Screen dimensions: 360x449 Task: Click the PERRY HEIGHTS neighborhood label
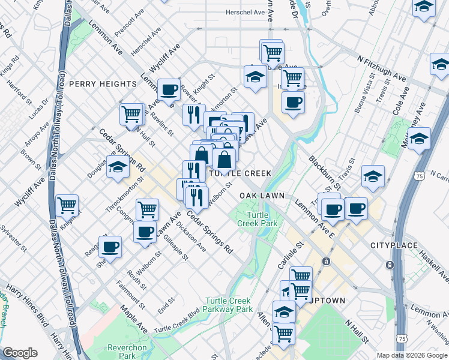[x=103, y=84]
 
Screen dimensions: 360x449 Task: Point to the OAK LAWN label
[x=261, y=196]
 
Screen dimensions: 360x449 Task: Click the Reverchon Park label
[x=123, y=352]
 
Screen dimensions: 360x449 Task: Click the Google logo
[x=20, y=353]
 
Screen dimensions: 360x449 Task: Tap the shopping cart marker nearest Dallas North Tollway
[x=67, y=205]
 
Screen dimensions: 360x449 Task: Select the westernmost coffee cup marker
[x=110, y=245]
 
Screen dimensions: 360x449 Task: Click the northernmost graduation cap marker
[x=424, y=7]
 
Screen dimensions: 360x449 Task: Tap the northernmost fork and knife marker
[x=193, y=114]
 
